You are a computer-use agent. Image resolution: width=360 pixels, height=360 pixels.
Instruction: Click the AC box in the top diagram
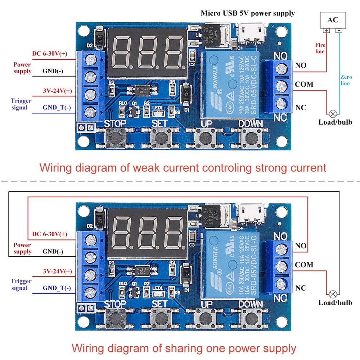tap(333, 20)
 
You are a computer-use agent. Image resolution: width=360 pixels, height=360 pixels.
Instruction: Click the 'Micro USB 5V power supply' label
tap(248, 13)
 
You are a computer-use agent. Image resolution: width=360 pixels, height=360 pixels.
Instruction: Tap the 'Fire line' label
tap(320, 48)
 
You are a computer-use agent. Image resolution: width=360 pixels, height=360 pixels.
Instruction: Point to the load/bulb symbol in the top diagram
tap(333, 113)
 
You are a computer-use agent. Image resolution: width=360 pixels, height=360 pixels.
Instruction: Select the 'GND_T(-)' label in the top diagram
tap(57, 108)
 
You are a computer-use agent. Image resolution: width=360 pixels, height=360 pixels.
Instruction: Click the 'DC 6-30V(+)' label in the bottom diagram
tap(49, 234)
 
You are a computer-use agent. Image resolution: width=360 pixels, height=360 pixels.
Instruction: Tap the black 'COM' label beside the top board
tap(304, 84)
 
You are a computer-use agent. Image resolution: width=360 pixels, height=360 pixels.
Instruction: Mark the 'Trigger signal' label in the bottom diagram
tap(21, 284)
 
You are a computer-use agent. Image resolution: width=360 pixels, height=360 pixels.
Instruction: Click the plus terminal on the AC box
tap(326, 31)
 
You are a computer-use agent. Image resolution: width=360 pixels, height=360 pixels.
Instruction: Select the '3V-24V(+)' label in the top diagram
tap(57, 91)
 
